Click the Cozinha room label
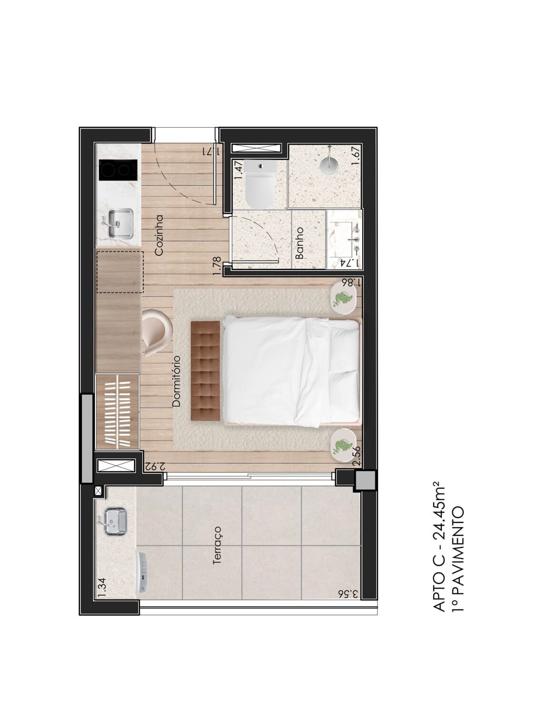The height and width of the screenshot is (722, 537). click(x=159, y=235)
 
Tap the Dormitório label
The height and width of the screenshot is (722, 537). click(x=176, y=381)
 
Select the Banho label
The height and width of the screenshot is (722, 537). click(x=299, y=243)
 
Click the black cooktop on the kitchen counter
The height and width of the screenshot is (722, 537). click(x=118, y=170)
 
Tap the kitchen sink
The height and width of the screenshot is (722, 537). click(x=120, y=223)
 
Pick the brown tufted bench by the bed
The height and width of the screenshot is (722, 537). click(x=206, y=371)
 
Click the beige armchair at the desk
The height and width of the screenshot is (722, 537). click(x=157, y=331)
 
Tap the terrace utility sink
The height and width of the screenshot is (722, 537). click(x=115, y=522)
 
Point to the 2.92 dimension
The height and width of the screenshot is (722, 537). click(x=155, y=466)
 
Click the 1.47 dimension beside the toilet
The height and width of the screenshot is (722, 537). click(x=240, y=170)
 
